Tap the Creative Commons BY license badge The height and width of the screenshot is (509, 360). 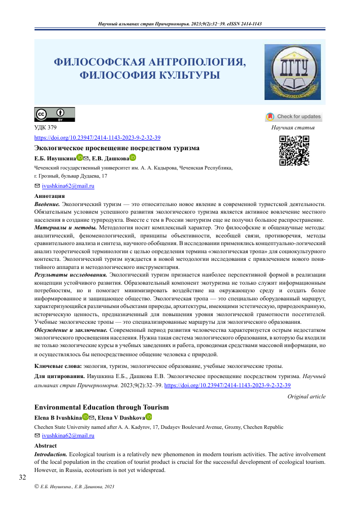[x=54, y=115]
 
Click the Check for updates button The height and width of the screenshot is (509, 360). [x=293, y=117]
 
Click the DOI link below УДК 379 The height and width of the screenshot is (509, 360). [x=97, y=138]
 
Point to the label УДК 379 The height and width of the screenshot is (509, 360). [x=45, y=127]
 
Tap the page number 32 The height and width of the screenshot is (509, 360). [x=22, y=477]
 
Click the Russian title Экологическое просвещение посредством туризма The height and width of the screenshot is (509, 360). [x=116, y=148]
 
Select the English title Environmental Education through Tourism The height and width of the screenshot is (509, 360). [x=101, y=407]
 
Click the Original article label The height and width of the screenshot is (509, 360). [x=306, y=396]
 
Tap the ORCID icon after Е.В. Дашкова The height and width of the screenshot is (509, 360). [x=133, y=158]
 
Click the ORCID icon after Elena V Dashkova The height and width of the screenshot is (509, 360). [x=149, y=417]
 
